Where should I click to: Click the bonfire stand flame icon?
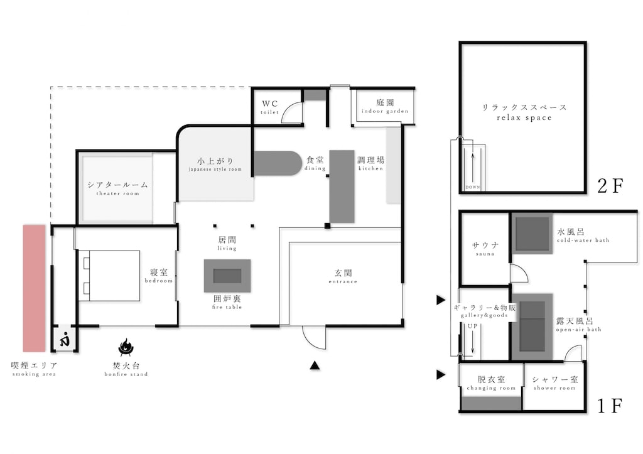(x=126, y=347)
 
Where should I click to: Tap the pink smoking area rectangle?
(x=34, y=288)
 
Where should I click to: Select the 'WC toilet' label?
(x=270, y=107)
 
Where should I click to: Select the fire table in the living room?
(x=227, y=275)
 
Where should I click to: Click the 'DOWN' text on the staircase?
(x=473, y=187)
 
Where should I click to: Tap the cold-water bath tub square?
(x=532, y=234)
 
